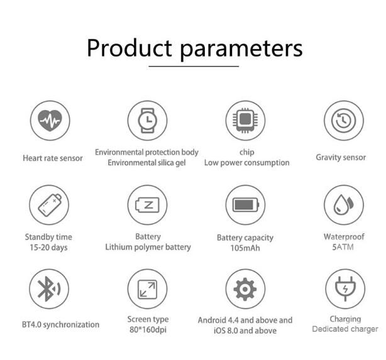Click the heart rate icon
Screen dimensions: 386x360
(50, 121)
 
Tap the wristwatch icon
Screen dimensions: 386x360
(148, 121)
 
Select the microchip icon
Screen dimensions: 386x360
(245, 121)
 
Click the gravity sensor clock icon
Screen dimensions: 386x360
(344, 121)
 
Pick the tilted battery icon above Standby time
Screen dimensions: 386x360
(50, 205)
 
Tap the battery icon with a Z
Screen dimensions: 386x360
(148, 205)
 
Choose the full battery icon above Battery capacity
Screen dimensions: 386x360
(246, 205)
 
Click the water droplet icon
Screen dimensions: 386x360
(343, 204)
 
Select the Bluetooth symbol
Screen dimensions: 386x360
(49, 289)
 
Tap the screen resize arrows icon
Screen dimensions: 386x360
(147, 290)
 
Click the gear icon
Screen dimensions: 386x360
(245, 289)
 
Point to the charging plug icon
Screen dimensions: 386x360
(345, 288)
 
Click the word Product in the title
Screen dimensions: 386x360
(130, 48)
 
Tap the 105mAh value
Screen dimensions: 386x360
(245, 248)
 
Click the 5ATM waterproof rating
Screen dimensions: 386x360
(343, 247)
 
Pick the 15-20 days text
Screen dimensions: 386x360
(48, 248)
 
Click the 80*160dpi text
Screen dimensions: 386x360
(148, 329)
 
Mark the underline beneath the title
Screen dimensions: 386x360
(194, 66)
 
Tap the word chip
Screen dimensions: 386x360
(247, 152)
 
